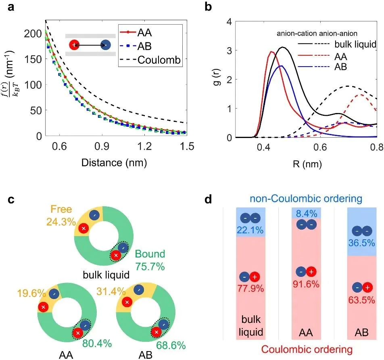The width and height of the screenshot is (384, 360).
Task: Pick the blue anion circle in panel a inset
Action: click(x=106, y=45)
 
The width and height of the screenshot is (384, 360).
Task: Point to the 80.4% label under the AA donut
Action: click(x=97, y=344)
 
